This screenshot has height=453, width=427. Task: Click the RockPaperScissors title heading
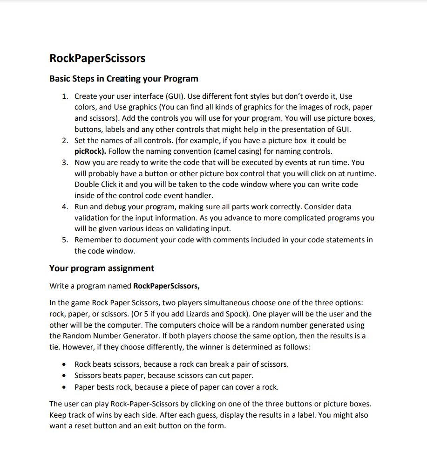(x=97, y=58)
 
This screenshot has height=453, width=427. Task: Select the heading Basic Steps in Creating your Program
(x=123, y=78)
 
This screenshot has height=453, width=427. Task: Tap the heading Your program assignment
(x=102, y=268)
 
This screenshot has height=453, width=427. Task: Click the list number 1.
(x=65, y=96)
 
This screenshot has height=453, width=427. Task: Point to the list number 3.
(x=65, y=163)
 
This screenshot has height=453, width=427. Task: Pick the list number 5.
(x=65, y=240)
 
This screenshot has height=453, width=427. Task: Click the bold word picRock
(x=89, y=151)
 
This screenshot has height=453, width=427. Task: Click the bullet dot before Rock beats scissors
(x=65, y=364)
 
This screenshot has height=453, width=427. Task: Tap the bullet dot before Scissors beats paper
(x=65, y=376)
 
